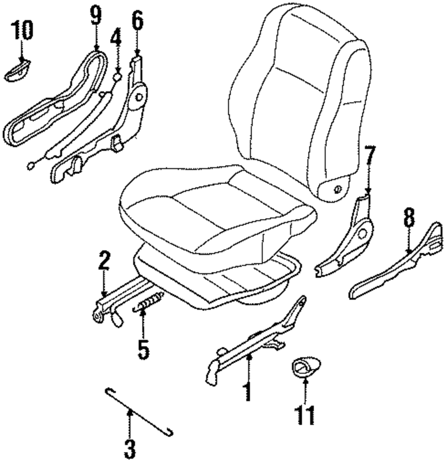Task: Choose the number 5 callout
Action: click(x=143, y=346)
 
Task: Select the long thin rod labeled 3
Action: click(x=139, y=412)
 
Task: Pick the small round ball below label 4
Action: click(x=117, y=77)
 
